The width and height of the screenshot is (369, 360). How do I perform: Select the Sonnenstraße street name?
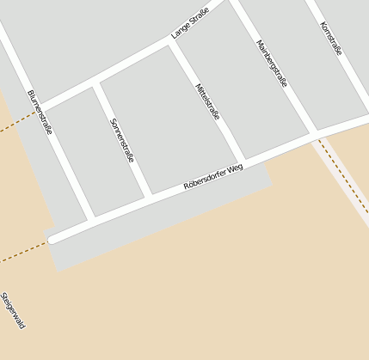click(x=122, y=140)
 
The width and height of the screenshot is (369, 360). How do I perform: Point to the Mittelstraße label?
click(x=207, y=101)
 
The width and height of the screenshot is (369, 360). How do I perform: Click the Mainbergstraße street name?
click(x=272, y=63)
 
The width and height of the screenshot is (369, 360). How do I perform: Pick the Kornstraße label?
click(x=330, y=39)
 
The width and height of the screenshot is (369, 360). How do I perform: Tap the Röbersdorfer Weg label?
click(x=213, y=177)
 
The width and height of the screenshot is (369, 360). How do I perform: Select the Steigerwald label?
click(x=13, y=311)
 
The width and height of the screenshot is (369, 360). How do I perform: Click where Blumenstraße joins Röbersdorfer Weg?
click(x=90, y=219)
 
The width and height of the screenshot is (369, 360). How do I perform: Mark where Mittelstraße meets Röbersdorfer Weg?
click(x=242, y=162)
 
